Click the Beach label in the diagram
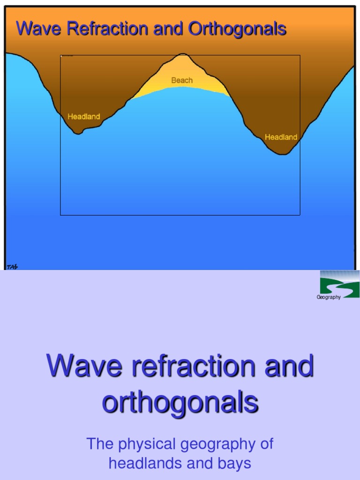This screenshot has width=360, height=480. pos(182,80)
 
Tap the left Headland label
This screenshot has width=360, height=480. pos(84,116)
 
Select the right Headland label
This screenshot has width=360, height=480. pos(281,137)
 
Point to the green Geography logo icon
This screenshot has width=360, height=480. pos(339,284)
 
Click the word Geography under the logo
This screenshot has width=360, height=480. pos(329,298)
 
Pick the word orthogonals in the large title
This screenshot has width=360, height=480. pos(180,402)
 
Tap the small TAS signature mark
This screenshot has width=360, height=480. pos(12,267)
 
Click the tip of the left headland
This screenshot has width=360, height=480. pos(79,133)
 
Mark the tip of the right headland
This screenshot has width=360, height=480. pos(283,154)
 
